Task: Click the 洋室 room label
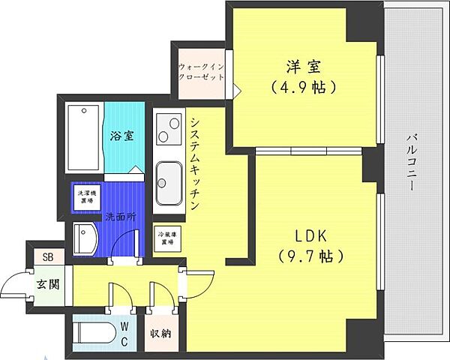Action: [304, 65]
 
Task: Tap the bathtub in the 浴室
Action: [84, 138]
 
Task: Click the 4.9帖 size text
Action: [304, 86]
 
